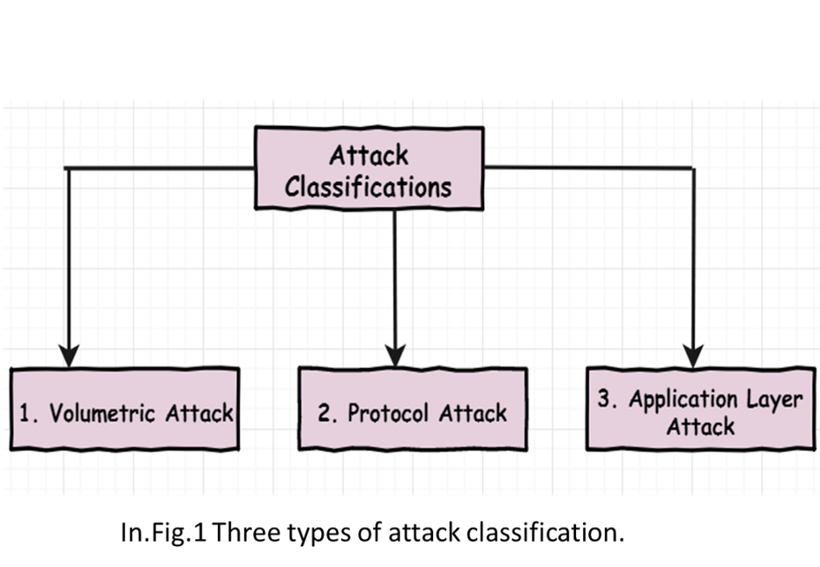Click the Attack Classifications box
(369, 168)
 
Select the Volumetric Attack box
(125, 409)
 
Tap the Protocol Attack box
(413, 409)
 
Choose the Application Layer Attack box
(701, 409)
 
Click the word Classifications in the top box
(368, 187)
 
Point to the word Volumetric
(102, 413)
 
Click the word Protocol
(388, 413)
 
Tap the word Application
(684, 400)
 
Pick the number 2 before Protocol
(325, 413)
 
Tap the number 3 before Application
(605, 399)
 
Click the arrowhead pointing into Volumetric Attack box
(69, 356)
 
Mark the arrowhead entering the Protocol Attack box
(395, 356)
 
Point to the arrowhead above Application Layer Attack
(693, 356)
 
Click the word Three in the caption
(246, 532)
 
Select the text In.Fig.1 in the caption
(164, 533)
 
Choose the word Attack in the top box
(369, 155)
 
